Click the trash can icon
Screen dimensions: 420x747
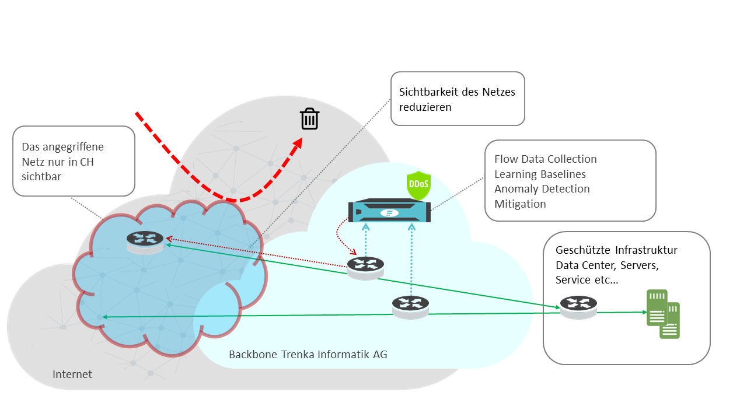tap(309, 119)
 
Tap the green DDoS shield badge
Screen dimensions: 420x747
tap(418, 185)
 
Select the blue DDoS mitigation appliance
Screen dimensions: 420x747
tap(389, 211)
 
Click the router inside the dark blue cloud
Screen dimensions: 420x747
tap(145, 240)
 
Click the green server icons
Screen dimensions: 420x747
tap(663, 314)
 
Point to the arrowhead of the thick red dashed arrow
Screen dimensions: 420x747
tap(298, 144)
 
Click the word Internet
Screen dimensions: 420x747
tap(72, 374)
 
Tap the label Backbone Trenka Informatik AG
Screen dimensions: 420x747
tap(308, 354)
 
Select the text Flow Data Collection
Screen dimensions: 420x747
tap(545, 159)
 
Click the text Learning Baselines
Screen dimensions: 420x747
tap(540, 174)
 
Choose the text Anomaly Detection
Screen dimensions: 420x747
tap(542, 189)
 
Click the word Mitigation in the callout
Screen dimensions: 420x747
tap(520, 204)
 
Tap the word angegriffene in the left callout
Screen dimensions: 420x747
tap(71, 147)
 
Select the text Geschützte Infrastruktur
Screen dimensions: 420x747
tap(616, 250)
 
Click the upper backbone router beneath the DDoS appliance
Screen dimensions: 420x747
tap(366, 267)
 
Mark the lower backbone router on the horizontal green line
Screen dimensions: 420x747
tap(410, 305)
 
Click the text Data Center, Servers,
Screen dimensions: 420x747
tap(607, 265)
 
